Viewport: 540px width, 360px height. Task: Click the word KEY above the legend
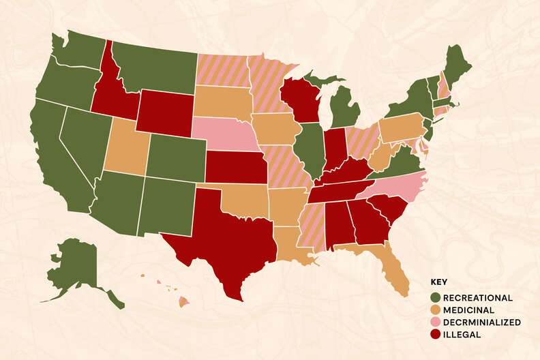click(438, 282)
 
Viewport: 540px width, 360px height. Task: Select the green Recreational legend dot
click(435, 298)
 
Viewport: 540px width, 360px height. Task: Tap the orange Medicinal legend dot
click(435, 310)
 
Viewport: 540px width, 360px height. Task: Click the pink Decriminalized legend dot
click(435, 322)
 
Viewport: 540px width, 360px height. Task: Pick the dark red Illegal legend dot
click(435, 335)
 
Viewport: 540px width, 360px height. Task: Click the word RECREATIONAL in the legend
click(477, 298)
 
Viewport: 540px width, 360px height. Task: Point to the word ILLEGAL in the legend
click(462, 335)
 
